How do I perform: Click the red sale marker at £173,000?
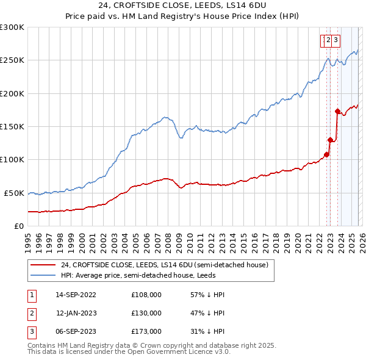pyautogui.click(x=337, y=111)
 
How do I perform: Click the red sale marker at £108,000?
pyautogui.click(x=326, y=154)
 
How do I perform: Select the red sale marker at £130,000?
pyautogui.click(x=330, y=140)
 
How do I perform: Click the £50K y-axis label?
pyautogui.click(x=14, y=193)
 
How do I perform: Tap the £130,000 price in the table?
pyautogui.click(x=146, y=313)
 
